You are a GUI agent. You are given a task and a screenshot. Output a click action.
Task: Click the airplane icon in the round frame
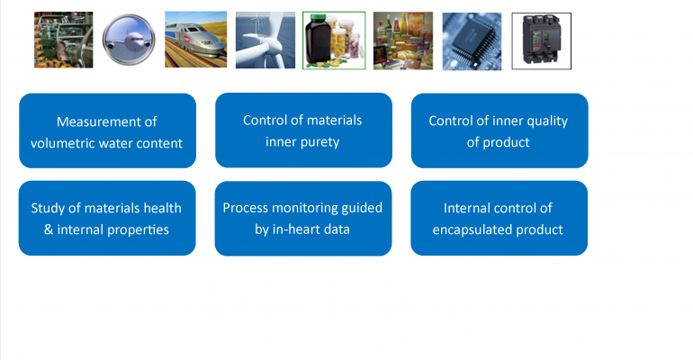(x=129, y=40)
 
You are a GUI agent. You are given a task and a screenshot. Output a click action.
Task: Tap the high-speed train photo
(x=196, y=40)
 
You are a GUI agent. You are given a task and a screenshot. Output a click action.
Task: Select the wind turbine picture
(x=265, y=40)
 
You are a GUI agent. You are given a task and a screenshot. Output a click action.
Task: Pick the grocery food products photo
(x=403, y=40)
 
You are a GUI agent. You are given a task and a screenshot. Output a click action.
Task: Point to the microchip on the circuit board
(x=472, y=41)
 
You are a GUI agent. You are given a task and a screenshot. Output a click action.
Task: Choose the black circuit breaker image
(x=542, y=41)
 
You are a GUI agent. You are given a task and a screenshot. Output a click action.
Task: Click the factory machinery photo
(x=64, y=40)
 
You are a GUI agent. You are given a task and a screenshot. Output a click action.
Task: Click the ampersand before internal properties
(x=49, y=229)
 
